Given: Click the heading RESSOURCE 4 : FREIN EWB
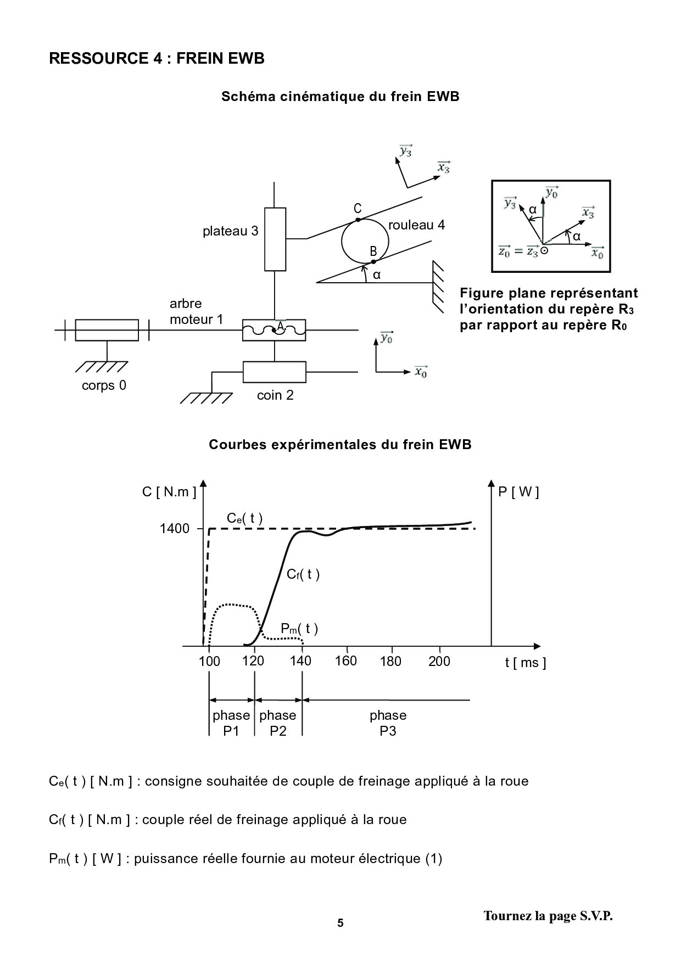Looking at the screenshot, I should point(157,58).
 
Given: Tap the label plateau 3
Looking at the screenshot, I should point(230,231).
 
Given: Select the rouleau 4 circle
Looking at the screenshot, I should point(365,241).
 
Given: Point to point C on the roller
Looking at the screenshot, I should point(358,220).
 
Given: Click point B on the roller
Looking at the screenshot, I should point(373,261).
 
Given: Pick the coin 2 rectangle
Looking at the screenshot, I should point(274,372).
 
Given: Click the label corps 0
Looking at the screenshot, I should point(104,385).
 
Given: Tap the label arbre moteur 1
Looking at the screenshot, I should point(196,311).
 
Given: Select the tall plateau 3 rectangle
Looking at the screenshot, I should point(275,239).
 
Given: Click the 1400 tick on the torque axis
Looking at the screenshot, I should point(175,529).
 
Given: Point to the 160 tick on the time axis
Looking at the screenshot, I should point(346,661).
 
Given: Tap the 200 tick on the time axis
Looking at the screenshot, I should point(439,661).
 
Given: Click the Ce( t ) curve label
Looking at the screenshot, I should point(245,518).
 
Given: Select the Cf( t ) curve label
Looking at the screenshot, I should point(303,574).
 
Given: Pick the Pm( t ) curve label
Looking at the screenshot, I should point(299,629).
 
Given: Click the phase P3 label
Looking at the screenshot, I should point(388,723).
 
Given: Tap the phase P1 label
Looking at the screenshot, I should point(231,723).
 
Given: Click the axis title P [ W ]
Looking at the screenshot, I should point(518,492).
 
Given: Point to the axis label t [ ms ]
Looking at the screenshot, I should point(526,663).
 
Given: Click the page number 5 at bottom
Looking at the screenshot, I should point(340,923).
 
